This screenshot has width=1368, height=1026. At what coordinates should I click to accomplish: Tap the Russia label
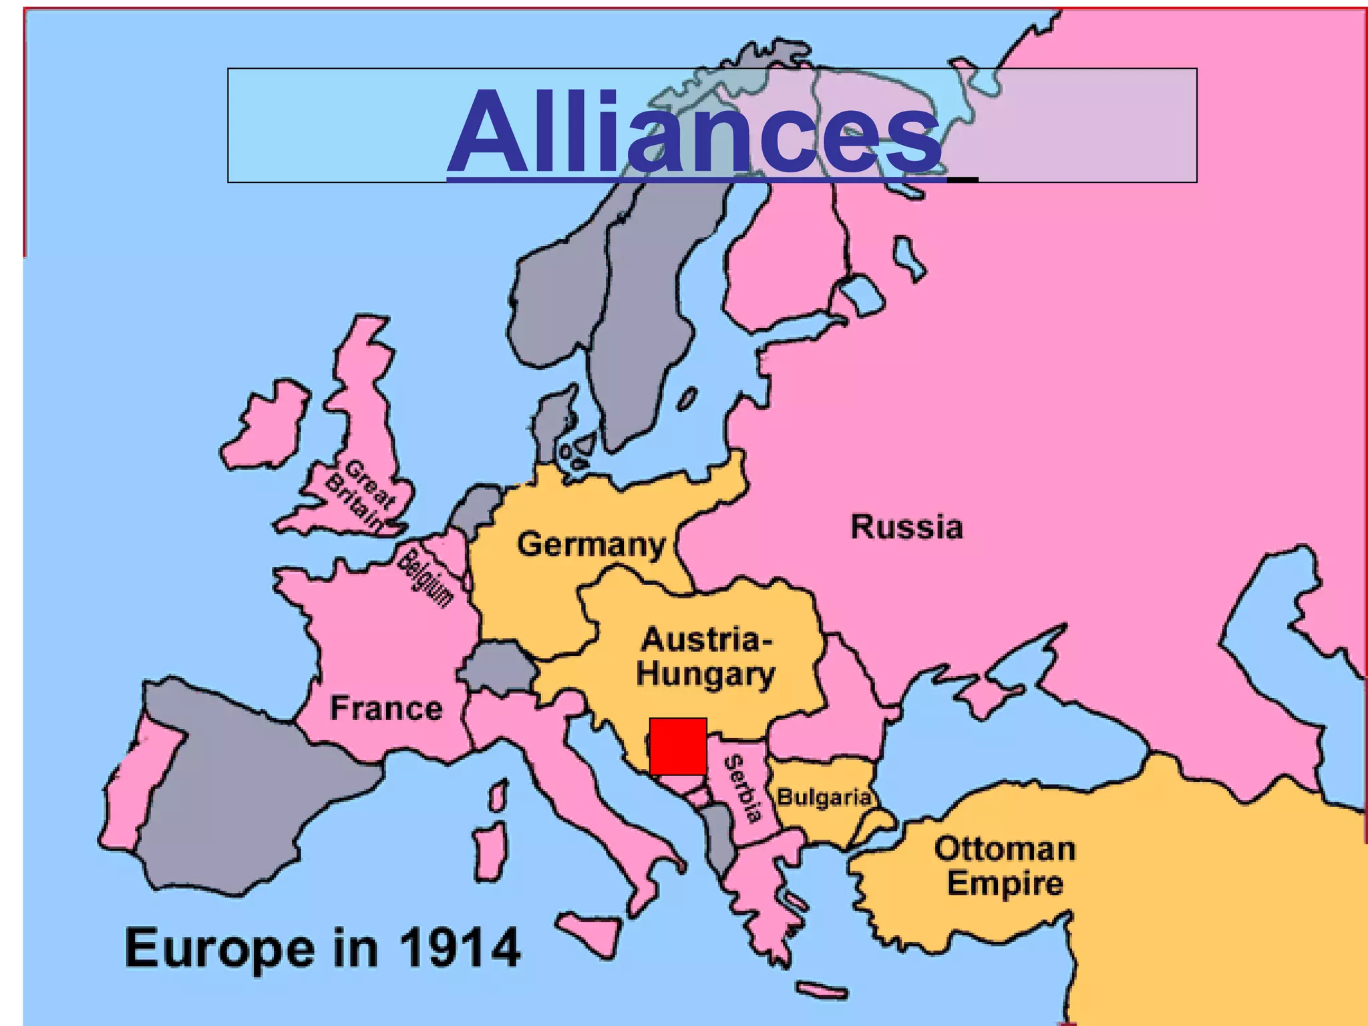(x=906, y=527)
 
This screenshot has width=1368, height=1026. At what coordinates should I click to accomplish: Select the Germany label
(x=591, y=544)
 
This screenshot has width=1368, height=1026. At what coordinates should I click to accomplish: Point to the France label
(x=386, y=708)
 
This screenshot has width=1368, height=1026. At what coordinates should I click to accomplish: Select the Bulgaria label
(x=824, y=797)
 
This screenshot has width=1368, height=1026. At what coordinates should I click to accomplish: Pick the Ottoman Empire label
(x=1005, y=866)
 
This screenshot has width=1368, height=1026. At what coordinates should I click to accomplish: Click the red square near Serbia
(x=678, y=747)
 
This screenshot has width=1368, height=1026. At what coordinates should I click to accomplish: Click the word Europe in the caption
(x=219, y=948)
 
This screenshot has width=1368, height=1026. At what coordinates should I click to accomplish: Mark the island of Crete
(x=822, y=991)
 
